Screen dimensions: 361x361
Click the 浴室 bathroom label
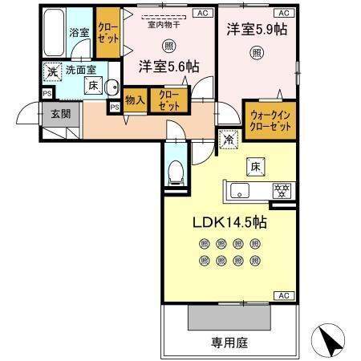coord(78,34)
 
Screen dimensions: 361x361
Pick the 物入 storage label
coord(135,101)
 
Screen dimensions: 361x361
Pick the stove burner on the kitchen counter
coord(282,191)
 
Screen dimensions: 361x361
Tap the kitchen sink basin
coord(241,191)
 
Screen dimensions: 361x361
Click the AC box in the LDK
coord(283,295)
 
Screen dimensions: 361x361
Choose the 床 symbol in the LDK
coord(254,166)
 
